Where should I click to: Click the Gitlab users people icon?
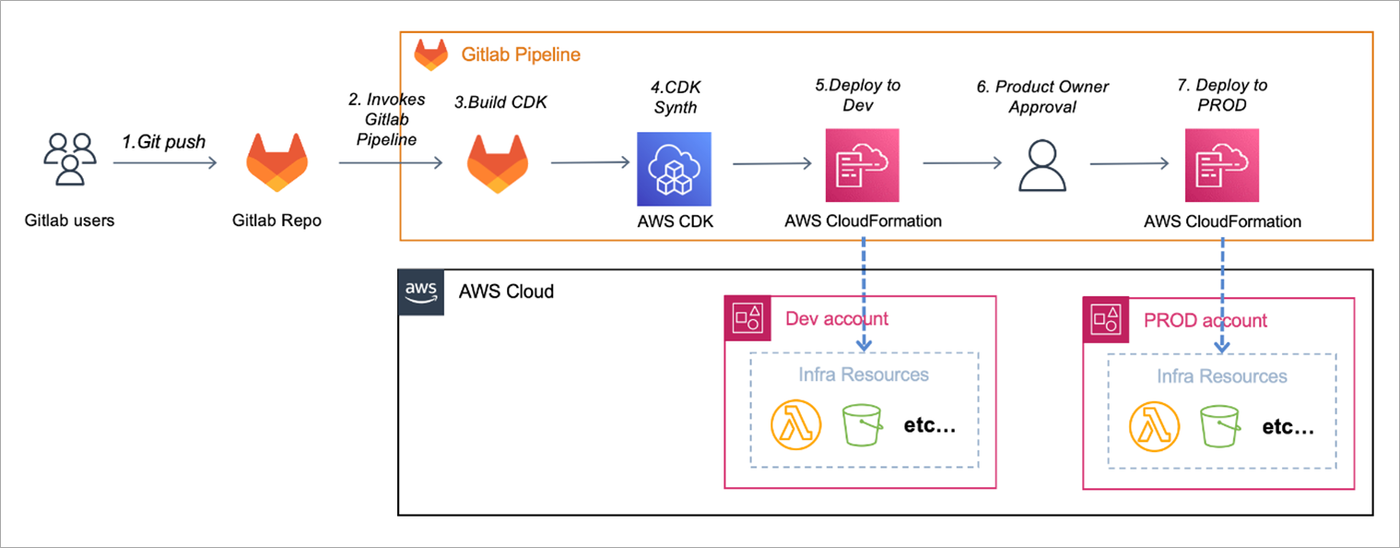70,159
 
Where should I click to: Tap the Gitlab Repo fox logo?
276,161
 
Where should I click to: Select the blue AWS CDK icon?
674,169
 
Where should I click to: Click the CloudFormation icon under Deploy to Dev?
863,165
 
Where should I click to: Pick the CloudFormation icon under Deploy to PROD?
1222,165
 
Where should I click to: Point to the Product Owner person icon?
1042,166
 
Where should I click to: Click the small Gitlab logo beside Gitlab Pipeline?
431,54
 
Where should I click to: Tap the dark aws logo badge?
421,292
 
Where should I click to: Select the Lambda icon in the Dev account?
795,424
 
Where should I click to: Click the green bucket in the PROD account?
1219,426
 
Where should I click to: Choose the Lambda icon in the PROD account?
1154,426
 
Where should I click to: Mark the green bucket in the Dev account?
862,424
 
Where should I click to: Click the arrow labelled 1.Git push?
165,163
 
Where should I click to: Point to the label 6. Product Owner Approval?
1042,96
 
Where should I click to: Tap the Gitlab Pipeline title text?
521,54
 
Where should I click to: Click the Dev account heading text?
836,318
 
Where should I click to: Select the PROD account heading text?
1205,320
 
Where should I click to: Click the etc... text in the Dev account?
929,425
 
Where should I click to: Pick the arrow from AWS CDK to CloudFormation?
772,164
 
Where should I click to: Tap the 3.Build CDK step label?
500,102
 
